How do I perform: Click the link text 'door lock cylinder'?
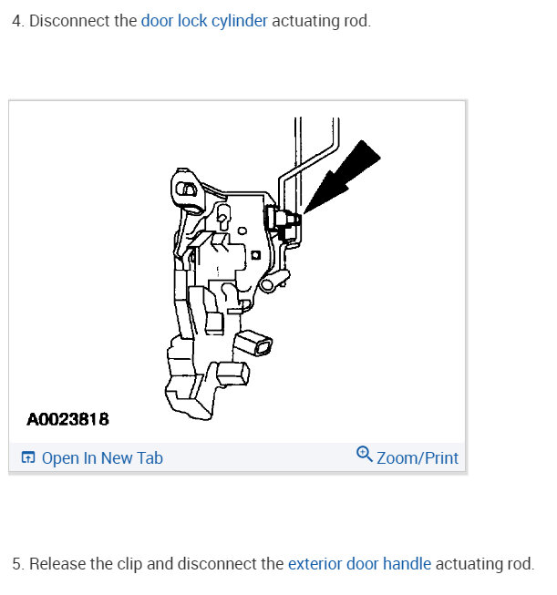tap(204, 20)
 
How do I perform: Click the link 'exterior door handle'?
tap(359, 564)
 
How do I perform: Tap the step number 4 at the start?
tap(16, 20)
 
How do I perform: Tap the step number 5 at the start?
tap(16, 564)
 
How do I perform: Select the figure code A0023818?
tap(67, 420)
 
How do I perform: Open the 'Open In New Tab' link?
tap(102, 457)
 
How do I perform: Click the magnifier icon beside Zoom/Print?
tap(365, 456)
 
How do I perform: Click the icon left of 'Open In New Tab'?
tap(28, 457)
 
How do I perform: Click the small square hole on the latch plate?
tap(256, 253)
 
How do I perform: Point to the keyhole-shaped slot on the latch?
tap(222, 217)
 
